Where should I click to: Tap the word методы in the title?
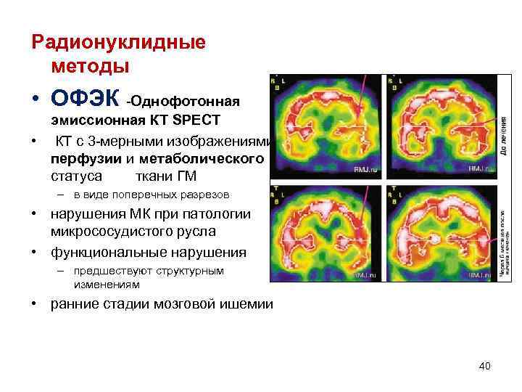tap(90, 66)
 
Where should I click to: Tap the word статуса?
tap(76, 176)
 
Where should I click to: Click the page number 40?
tap(484, 366)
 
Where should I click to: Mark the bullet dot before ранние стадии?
tap(35, 304)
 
